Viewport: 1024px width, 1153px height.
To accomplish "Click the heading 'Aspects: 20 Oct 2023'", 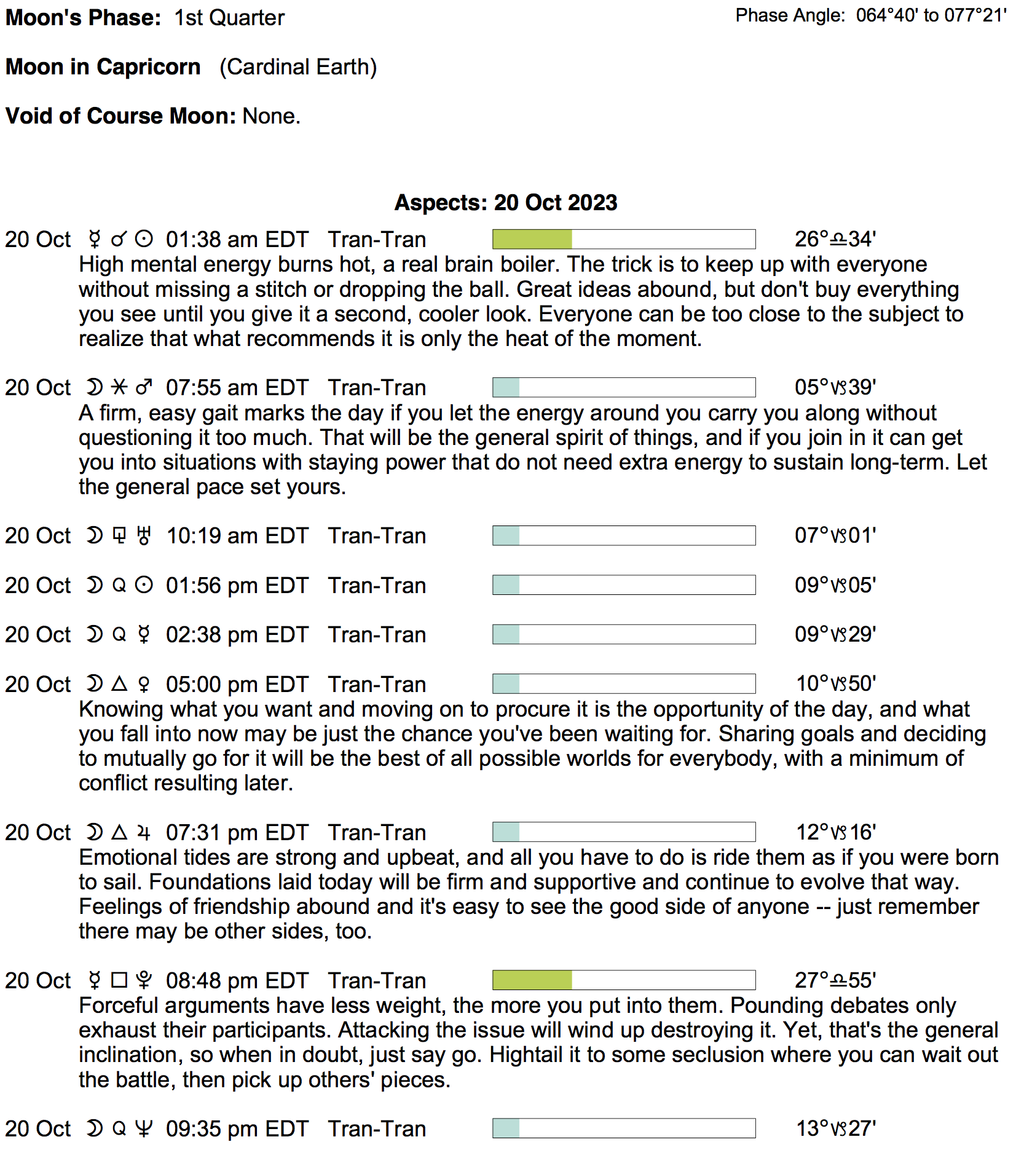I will click(505, 203).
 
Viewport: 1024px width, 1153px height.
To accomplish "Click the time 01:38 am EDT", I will click(237, 240).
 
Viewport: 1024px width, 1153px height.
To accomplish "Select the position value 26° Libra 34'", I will click(835, 239).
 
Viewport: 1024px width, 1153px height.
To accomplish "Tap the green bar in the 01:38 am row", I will click(532, 239).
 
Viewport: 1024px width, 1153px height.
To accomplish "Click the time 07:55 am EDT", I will click(237, 388).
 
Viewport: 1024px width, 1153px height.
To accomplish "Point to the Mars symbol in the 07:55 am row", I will click(144, 387).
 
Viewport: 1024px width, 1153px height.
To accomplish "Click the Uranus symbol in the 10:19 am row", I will click(144, 536).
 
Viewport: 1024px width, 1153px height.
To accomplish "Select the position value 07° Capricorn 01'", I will click(835, 535).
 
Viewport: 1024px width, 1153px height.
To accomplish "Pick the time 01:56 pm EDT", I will click(237, 586).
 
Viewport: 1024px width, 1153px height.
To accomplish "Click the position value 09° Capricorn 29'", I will click(835, 634).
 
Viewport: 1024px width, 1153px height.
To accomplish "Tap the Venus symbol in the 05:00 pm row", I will click(144, 684).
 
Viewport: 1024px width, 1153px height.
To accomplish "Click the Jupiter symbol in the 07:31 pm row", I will click(144, 833).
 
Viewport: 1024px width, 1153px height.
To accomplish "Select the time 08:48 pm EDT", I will click(237, 981).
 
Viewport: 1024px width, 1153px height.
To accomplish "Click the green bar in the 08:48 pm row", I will click(532, 980).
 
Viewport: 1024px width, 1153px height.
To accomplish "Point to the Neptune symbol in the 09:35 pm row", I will click(144, 1129).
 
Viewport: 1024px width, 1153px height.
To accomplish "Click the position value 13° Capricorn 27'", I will click(835, 1128).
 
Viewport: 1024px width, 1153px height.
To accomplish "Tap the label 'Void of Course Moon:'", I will click(120, 116).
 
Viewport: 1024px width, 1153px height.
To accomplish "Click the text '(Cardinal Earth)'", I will click(298, 67).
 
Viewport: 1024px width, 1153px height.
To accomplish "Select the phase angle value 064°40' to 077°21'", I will click(931, 15).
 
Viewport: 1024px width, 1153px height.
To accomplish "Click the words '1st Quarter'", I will click(229, 18).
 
